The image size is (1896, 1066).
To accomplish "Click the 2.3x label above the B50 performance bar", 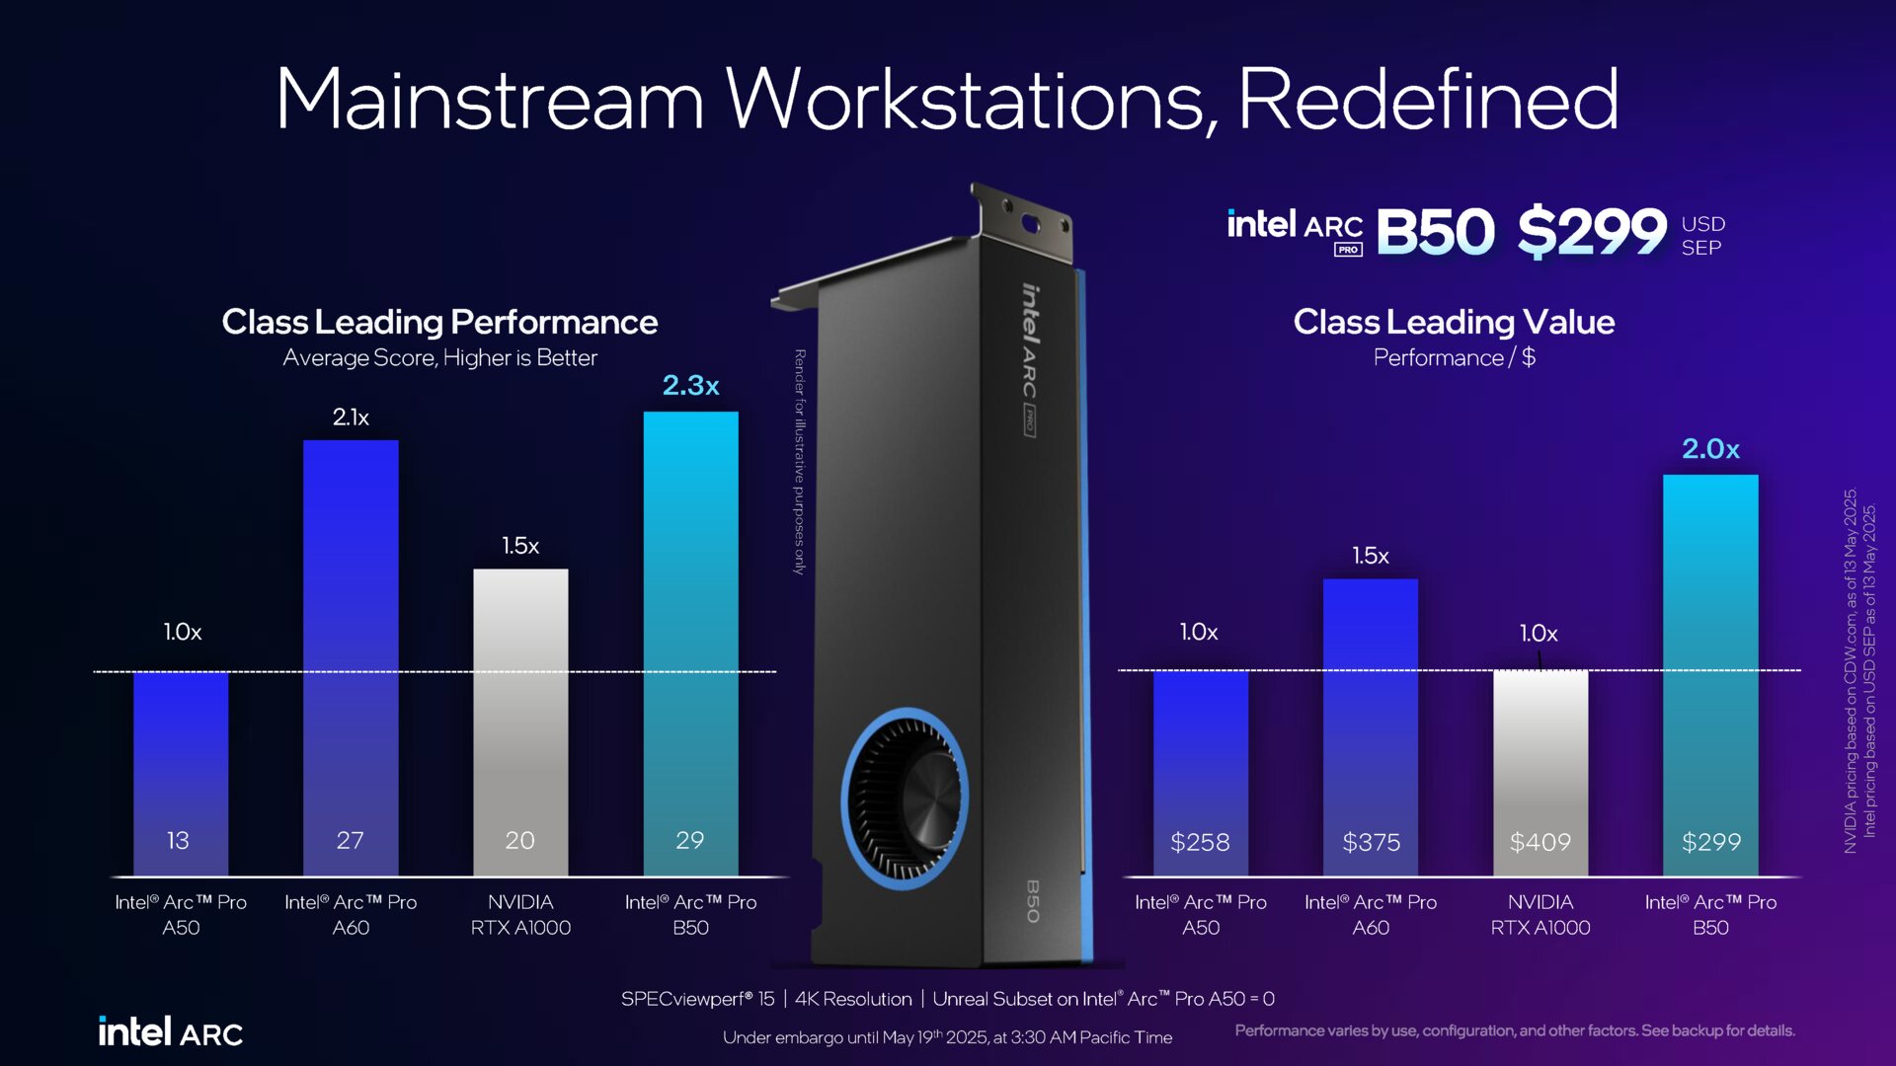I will point(690,385).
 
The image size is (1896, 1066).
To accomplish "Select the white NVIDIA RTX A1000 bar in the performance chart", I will point(520,711).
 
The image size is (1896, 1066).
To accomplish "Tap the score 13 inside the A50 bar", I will point(178,840).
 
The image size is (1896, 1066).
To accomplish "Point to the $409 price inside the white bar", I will point(1540,842).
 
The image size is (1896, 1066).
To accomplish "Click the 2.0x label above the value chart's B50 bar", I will point(1710,449).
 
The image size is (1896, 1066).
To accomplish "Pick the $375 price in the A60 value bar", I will point(1371,842).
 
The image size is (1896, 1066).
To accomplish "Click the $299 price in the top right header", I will point(1592,231).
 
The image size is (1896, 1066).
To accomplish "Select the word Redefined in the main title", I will point(1427,99).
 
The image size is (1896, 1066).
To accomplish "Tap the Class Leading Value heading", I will point(1454,322).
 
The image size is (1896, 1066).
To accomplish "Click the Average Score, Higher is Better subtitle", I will point(439,357).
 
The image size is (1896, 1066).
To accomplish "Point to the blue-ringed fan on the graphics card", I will point(904,795).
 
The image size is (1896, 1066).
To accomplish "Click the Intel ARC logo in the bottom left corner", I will point(170,1031).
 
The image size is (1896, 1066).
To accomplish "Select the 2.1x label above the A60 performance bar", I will point(351,418).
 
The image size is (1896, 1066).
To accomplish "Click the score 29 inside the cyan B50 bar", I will point(689,840).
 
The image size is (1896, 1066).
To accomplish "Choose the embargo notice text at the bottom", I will point(947,1037).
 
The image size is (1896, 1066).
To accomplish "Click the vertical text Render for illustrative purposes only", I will point(800,461).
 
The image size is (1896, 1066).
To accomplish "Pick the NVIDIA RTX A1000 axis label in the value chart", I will point(1540,914).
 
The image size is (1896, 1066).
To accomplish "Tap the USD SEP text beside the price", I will point(1702,236).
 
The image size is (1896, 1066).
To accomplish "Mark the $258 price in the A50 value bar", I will point(1200,842).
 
